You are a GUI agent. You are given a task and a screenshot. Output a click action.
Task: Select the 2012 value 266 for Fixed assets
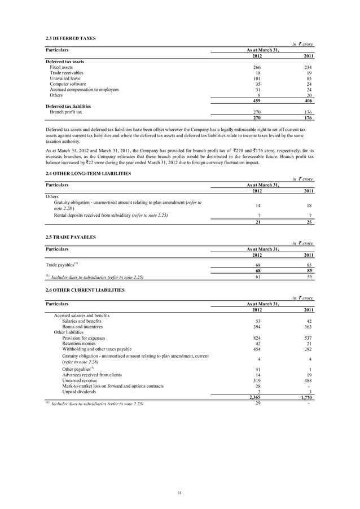pos(257,67)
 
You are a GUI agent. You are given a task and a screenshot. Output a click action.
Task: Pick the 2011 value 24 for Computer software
pos(309,84)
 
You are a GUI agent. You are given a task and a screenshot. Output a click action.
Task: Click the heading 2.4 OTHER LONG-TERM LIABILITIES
pos(88,173)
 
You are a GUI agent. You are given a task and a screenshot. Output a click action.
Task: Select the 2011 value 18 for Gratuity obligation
pos(309,207)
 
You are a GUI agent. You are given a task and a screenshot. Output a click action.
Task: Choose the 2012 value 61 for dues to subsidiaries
pos(258,277)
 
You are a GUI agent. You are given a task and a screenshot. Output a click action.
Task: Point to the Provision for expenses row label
pos(84,337)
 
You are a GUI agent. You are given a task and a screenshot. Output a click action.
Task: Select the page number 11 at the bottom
pos(179,494)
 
